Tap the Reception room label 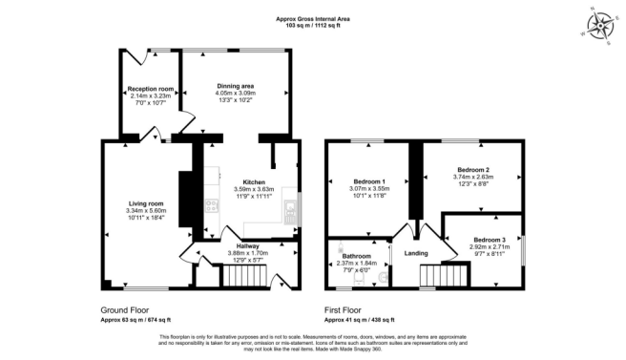tap(150, 89)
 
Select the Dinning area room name tap(235, 86)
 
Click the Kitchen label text tap(253, 181)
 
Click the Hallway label tap(247, 245)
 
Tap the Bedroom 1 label tap(369, 181)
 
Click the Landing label tap(416, 253)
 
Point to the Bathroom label tap(357, 256)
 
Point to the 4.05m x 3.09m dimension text tap(235, 94)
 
